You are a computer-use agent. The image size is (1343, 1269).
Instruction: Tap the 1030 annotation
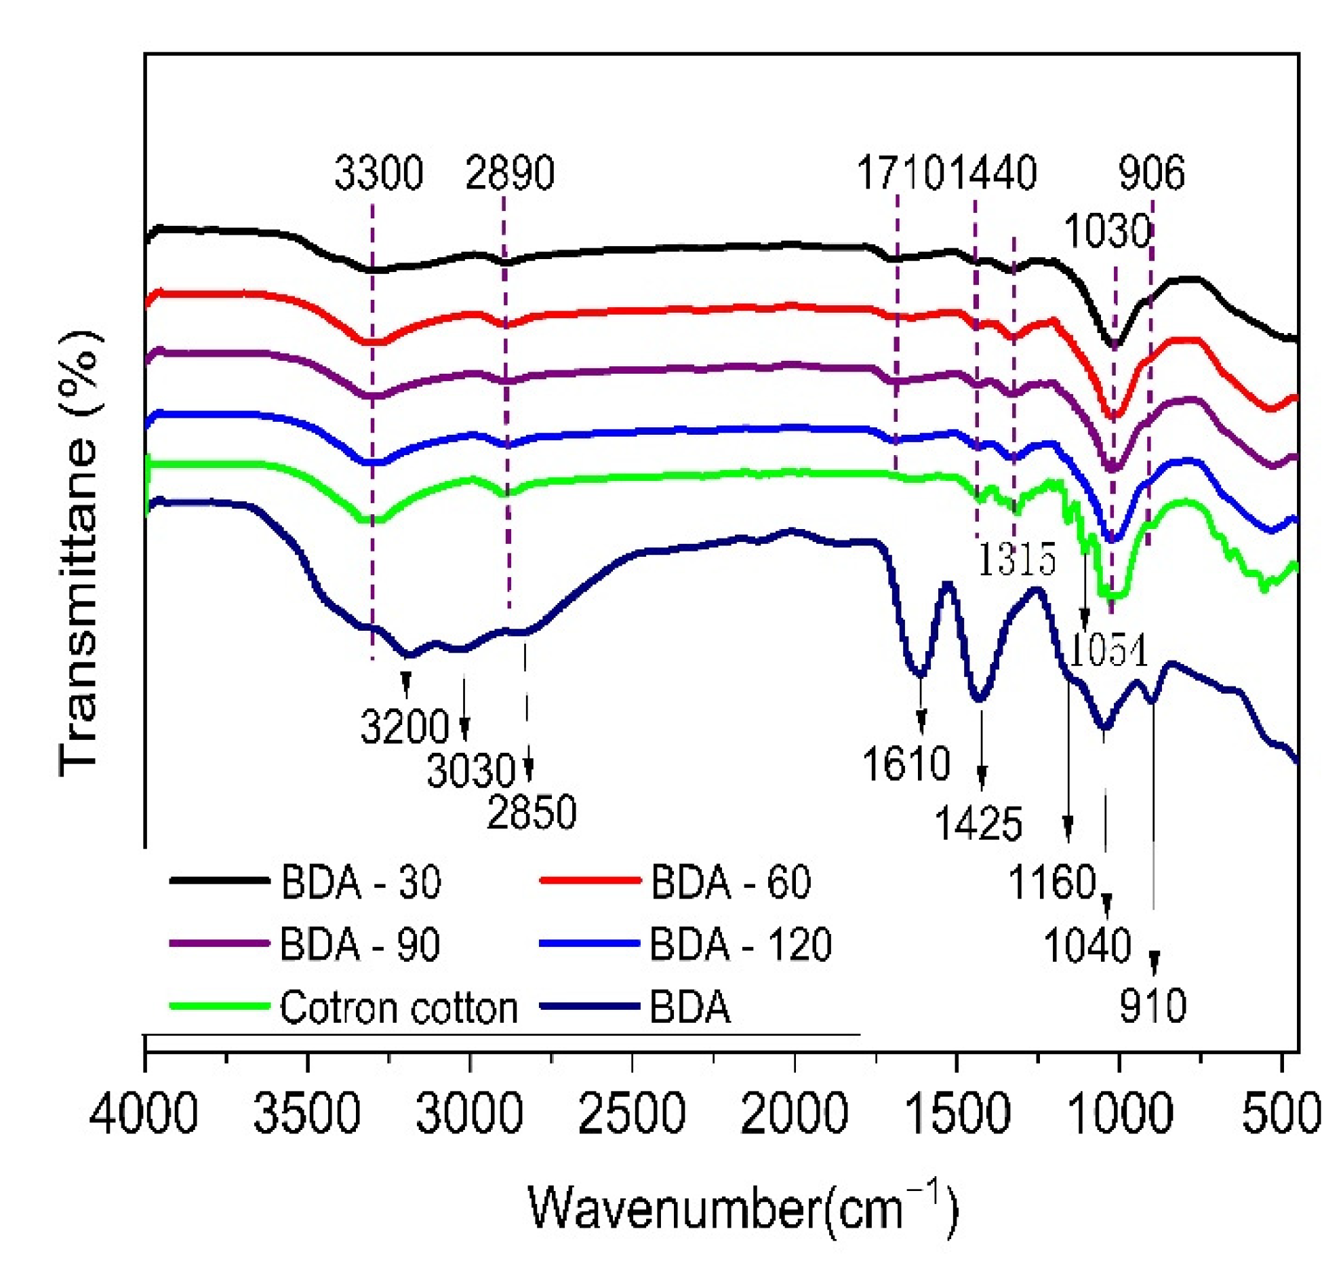click(x=1106, y=231)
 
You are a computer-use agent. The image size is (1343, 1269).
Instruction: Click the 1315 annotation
click(x=1016, y=560)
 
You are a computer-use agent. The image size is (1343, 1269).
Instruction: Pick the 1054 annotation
click(x=1108, y=651)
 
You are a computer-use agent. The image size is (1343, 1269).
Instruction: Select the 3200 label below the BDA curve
click(x=404, y=726)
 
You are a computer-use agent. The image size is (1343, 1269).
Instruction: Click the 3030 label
click(x=471, y=771)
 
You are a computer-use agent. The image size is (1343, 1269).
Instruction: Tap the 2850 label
click(x=532, y=812)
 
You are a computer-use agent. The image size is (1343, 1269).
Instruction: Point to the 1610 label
click(x=906, y=764)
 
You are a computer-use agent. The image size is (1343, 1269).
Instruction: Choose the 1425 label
click(x=978, y=824)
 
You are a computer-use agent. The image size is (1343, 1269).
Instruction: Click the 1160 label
click(x=1052, y=882)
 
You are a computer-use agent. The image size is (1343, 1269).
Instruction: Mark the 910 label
click(x=1152, y=1006)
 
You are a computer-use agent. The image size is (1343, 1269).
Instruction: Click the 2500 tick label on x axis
click(x=631, y=1114)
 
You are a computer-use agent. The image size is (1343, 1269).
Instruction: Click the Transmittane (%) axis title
click(x=80, y=553)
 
